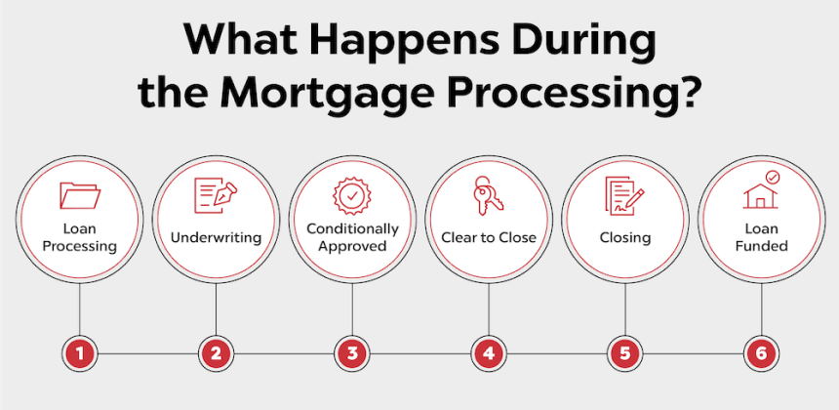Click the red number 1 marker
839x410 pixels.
click(x=80, y=353)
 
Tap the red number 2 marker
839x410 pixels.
click(x=217, y=353)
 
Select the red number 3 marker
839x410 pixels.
click(x=352, y=353)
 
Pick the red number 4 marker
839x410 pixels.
click(x=489, y=353)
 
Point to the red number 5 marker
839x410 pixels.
click(x=625, y=353)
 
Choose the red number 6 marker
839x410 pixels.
click(x=761, y=353)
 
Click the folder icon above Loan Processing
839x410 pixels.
click(x=80, y=195)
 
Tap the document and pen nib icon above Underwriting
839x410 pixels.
click(x=216, y=192)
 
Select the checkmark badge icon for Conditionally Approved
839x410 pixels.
click(x=351, y=196)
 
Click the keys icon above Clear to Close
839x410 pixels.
click(x=488, y=194)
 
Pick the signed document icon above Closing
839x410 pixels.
click(x=624, y=195)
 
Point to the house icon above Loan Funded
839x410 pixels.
click(x=761, y=190)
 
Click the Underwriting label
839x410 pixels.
click(x=216, y=237)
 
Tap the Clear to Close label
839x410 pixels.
click(x=489, y=237)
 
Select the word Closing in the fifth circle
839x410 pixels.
click(x=625, y=238)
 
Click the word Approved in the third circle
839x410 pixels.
click(x=351, y=247)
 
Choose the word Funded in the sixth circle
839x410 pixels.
click(x=761, y=246)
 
